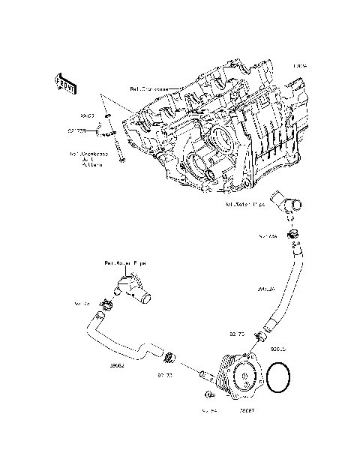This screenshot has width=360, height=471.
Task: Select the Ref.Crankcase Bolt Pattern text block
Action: click(89, 159)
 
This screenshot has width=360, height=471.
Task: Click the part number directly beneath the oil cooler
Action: click(246, 411)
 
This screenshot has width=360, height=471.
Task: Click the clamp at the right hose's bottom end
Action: click(259, 331)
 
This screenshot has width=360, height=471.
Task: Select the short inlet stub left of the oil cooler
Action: click(204, 372)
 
